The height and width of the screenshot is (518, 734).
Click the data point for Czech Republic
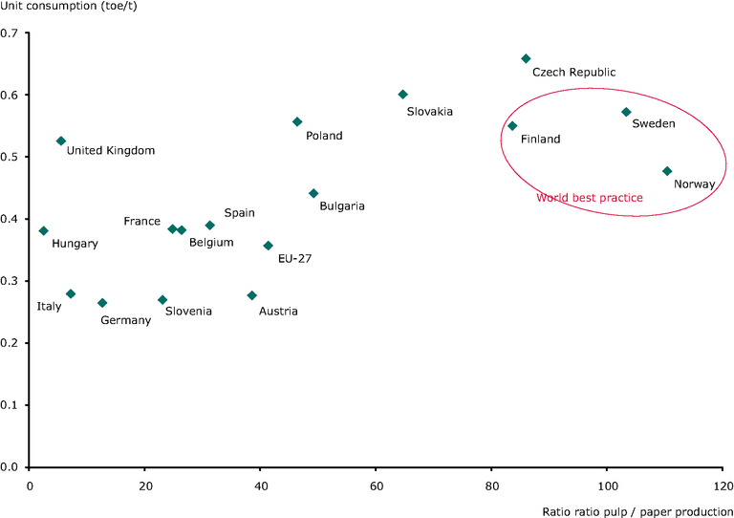tap(525, 58)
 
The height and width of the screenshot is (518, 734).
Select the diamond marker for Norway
tap(667, 171)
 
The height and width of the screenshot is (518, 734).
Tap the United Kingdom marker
tap(61, 140)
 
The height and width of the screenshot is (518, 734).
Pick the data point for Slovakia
tap(402, 95)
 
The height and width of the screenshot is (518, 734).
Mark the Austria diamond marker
tap(251, 295)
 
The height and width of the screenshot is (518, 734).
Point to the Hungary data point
tap(43, 230)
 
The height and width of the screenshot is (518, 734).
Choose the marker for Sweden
tap(626, 112)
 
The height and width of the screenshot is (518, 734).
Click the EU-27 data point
tap(268, 246)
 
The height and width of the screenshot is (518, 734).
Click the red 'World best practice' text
tap(589, 198)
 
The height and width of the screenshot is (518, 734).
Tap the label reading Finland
tap(540, 140)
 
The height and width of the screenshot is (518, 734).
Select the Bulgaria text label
tap(342, 205)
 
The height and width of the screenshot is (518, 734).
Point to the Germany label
tap(125, 320)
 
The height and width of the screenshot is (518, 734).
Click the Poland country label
tap(324, 136)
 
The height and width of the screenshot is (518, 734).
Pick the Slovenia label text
tap(188, 311)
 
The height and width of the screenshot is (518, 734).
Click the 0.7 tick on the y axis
tap(14, 33)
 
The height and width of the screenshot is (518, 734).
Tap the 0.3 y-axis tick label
tap(14, 281)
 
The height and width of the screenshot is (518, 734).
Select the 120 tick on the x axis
tap(722, 484)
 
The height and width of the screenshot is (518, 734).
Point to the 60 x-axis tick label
tap(376, 484)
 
